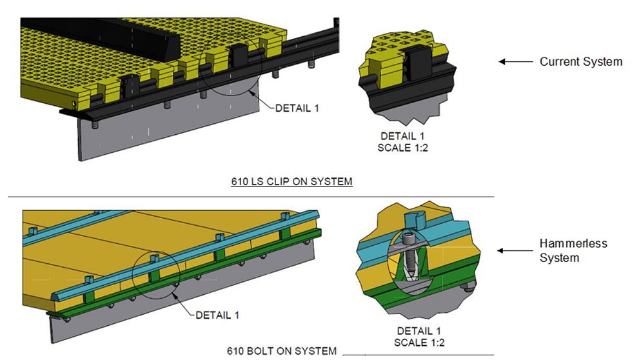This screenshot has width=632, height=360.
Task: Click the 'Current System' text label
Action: [x=580, y=62]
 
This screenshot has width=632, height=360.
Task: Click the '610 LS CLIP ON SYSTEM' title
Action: [x=291, y=182]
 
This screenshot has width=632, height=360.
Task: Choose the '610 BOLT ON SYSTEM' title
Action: [x=281, y=351]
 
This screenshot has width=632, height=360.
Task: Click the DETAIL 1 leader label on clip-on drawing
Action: [x=297, y=108]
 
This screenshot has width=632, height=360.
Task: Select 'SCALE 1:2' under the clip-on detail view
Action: [x=402, y=148]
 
